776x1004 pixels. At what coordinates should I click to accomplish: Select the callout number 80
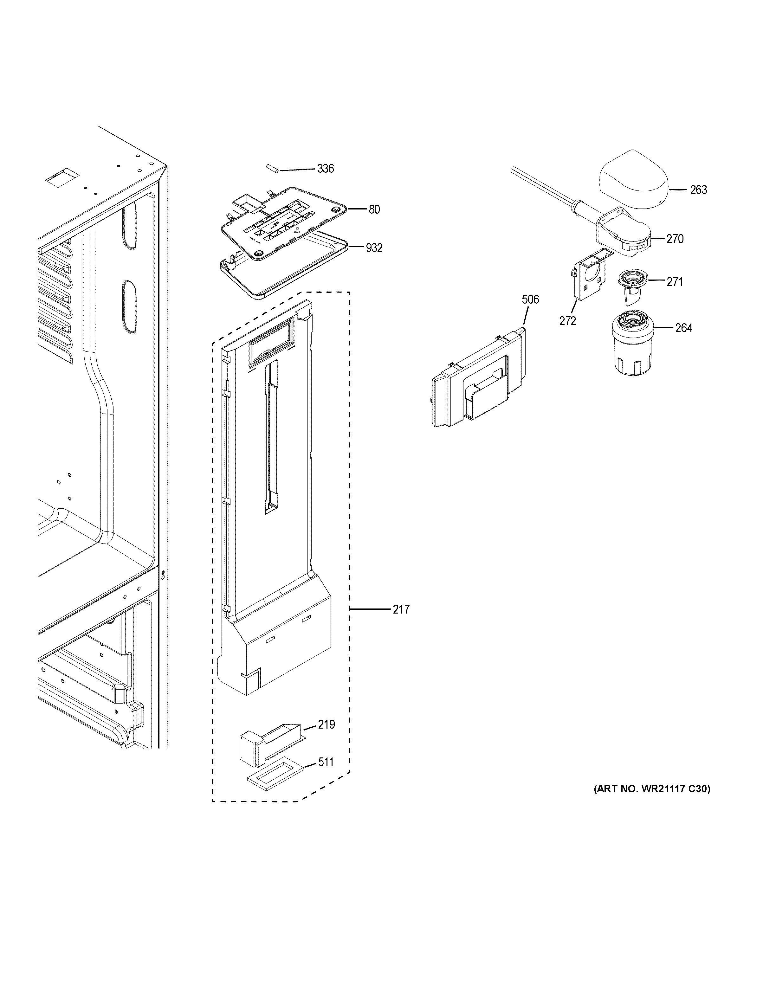[374, 209]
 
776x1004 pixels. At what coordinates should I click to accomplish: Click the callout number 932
[374, 248]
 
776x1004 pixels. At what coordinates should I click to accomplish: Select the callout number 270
[675, 239]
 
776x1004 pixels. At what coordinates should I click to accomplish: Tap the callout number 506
[530, 300]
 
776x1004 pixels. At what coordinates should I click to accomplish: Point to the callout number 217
[401, 609]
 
